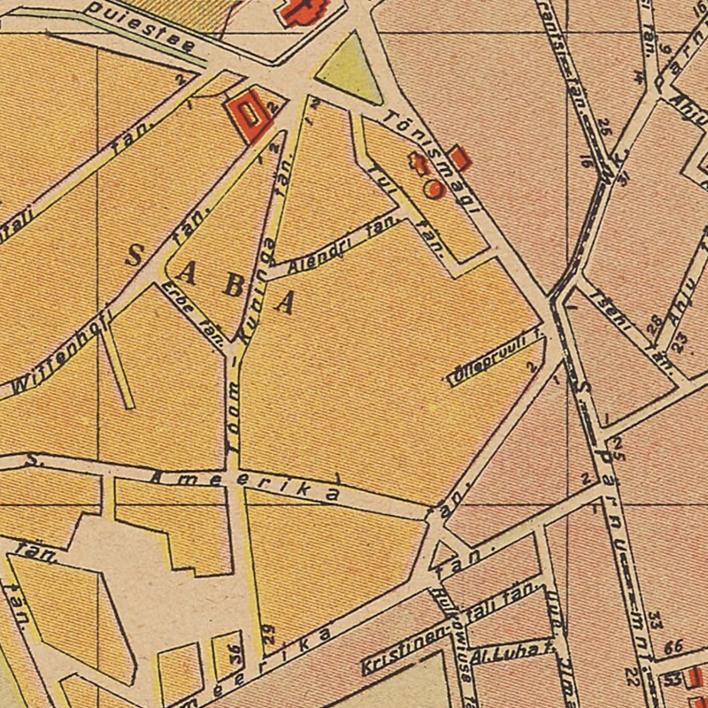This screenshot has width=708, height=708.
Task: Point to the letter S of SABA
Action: [135, 257]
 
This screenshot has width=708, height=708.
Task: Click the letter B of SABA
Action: [231, 286]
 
